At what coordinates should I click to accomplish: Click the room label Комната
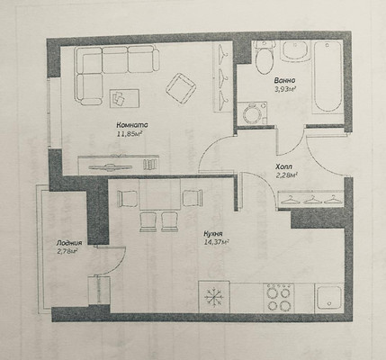coord(132,125)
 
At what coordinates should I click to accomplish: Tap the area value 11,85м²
coord(130,134)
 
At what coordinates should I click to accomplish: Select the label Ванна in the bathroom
coord(284,80)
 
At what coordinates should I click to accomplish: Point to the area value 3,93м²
coord(285,89)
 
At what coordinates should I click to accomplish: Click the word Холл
coord(283,166)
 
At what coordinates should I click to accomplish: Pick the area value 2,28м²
coord(286,175)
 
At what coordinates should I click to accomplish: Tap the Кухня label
coord(212,234)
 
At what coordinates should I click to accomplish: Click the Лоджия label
coord(69,243)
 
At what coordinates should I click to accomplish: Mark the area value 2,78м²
coord(67,251)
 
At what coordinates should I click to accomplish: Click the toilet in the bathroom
coord(264,58)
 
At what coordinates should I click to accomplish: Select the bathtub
coord(328,76)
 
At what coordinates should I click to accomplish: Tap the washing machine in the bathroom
coord(252,113)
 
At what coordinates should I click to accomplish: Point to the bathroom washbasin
coord(295,51)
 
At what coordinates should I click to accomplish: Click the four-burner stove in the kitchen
coord(279,297)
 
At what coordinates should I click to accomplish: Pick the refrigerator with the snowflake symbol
coord(214,297)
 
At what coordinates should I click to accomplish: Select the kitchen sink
coord(329,298)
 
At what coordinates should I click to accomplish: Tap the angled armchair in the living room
coord(181,88)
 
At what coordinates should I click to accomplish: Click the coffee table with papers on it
coord(124,98)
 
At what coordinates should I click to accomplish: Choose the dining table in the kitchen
coord(160,194)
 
